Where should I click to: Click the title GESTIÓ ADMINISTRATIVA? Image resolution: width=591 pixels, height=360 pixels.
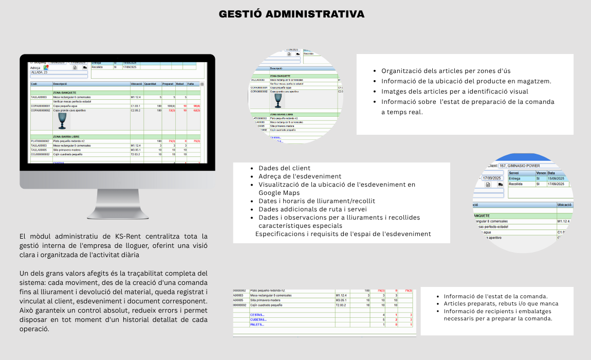(x=291, y=14)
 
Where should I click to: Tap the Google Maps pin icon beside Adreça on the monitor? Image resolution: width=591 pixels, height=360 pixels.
(x=46, y=67)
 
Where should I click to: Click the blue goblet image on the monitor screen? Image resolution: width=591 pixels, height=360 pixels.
(x=62, y=121)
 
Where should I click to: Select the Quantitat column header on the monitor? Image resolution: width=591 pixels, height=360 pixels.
(x=150, y=84)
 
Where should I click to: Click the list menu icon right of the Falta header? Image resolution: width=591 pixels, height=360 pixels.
(x=202, y=84)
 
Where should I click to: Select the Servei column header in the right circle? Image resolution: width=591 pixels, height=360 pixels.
(x=513, y=173)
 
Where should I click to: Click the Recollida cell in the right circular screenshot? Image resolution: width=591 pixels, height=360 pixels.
(x=515, y=184)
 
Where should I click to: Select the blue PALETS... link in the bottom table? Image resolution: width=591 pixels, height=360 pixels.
(x=257, y=325)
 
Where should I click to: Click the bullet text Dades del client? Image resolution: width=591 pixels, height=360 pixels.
(x=284, y=168)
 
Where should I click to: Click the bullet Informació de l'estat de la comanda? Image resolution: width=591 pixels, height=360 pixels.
(x=495, y=296)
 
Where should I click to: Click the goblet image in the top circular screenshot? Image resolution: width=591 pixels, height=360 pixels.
(x=278, y=99)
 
